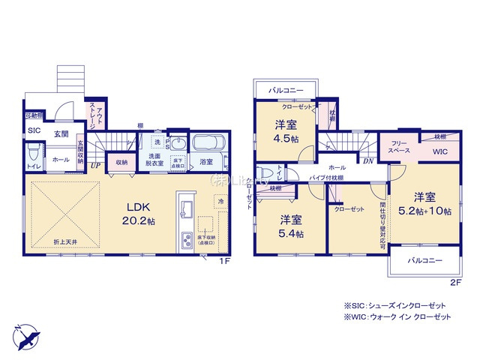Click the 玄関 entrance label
61,133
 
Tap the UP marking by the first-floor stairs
95,166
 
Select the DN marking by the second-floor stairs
369,160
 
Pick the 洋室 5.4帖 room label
292,226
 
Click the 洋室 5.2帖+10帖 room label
424,204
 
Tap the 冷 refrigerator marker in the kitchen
220,202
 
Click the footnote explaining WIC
397,318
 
